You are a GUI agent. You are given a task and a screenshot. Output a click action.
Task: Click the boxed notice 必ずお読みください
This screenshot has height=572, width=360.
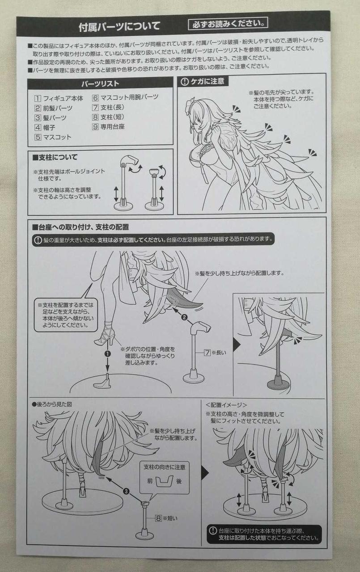point(228,24)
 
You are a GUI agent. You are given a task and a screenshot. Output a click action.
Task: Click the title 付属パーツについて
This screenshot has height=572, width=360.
point(119,26)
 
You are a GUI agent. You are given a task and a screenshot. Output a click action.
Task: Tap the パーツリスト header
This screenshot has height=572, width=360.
point(100,84)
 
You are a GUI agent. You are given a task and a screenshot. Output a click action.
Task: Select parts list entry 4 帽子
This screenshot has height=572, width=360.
point(45,127)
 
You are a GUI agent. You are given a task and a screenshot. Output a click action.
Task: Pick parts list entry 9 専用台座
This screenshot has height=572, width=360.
point(108,126)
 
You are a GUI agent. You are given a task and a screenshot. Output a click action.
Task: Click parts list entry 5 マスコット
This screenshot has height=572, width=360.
point(53,137)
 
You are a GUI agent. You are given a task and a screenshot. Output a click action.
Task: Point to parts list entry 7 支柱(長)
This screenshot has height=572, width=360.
point(108,108)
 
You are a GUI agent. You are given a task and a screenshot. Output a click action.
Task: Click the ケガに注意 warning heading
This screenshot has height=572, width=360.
point(203,81)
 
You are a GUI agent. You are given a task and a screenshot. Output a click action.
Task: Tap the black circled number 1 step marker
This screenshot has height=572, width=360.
point(108,353)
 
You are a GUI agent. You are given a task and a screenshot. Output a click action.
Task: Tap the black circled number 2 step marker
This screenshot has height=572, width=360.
point(184,317)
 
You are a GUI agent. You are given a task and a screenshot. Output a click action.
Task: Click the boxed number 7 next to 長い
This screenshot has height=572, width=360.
point(207,353)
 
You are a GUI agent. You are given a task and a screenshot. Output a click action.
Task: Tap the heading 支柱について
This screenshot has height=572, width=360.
point(55,157)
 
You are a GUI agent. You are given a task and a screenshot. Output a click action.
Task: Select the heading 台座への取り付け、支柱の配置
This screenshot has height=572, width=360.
point(81,227)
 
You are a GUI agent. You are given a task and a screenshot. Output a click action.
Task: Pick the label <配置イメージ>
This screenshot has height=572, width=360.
point(226,405)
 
